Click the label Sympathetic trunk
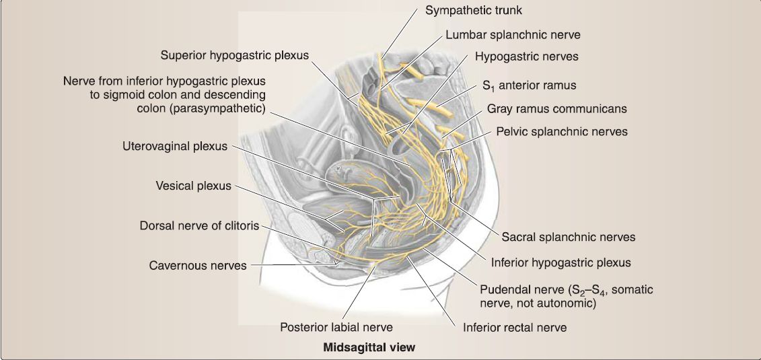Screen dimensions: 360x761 (x=474, y=11)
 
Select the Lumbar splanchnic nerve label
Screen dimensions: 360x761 (x=513, y=34)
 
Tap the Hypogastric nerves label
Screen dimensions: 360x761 (x=526, y=57)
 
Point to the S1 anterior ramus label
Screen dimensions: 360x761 (x=529, y=86)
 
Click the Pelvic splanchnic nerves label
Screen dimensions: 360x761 (x=562, y=131)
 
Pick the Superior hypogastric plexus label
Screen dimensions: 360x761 (x=235, y=55)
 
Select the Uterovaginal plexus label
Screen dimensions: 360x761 (x=175, y=146)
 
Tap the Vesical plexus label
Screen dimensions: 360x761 (x=193, y=186)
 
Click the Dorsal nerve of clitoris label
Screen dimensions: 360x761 (x=199, y=225)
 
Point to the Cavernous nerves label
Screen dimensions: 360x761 (x=198, y=265)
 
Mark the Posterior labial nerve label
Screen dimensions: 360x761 (x=336, y=327)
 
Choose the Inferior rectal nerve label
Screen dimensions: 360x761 (x=515, y=328)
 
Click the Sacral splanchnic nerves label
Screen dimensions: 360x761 (x=568, y=237)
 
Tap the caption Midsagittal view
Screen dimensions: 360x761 (x=369, y=347)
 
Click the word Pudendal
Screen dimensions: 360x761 (x=504, y=290)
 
